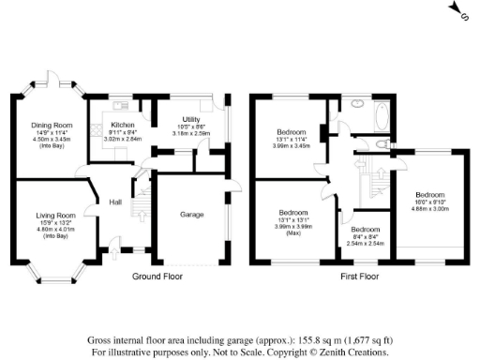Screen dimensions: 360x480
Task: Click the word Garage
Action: pyautogui.click(x=191, y=215)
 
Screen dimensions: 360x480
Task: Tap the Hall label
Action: pyautogui.click(x=116, y=202)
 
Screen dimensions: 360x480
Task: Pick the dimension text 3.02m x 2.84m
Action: pyautogui.click(x=122, y=138)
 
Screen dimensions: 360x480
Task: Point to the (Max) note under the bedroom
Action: pyautogui.click(x=294, y=232)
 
